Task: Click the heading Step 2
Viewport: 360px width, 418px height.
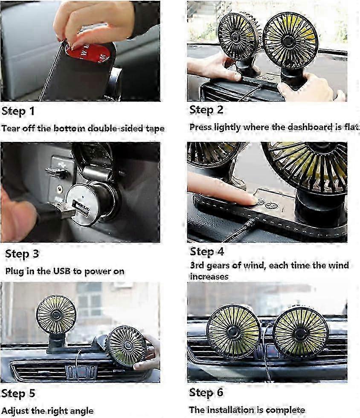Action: [206, 110]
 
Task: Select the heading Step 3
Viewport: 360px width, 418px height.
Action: [22, 254]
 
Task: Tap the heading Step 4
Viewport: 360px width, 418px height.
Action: [207, 251]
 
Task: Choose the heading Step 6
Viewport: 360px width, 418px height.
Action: [206, 392]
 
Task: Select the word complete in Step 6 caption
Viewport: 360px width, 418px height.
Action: [285, 410]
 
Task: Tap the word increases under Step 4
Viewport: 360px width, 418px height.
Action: [209, 277]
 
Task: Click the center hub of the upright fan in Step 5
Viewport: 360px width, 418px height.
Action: [56, 314]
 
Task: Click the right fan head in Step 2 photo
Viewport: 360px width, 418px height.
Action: [290, 40]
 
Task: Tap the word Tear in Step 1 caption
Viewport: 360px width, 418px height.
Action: [10, 128]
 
